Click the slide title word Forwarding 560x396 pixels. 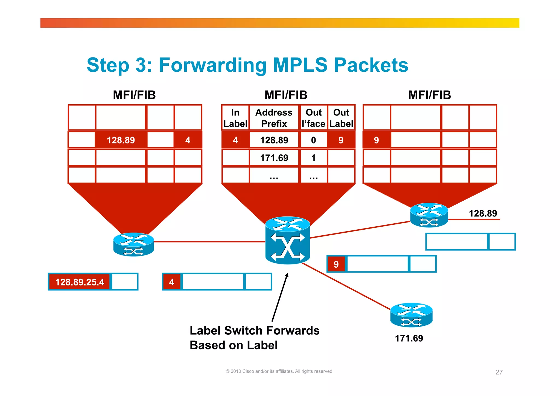[x=212, y=65]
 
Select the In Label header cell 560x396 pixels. [x=235, y=118]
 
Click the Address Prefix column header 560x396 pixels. [x=274, y=118]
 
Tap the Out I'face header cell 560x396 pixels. [x=313, y=118]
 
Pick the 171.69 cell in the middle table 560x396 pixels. [x=274, y=158]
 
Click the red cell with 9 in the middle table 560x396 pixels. [x=341, y=140]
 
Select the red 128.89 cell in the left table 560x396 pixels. [x=121, y=140]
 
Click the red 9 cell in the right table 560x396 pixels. [x=377, y=140]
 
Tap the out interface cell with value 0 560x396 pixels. [x=313, y=140]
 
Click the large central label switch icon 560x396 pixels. [x=287, y=241]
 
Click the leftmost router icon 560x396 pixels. [x=133, y=244]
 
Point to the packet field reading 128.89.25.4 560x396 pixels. [x=80, y=282]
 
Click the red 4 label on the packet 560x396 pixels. [x=172, y=282]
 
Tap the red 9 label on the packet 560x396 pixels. [x=336, y=264]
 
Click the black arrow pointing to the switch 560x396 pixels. [x=279, y=298]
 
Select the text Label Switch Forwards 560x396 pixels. [x=254, y=331]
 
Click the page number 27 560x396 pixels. [x=499, y=372]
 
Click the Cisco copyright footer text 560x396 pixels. [x=279, y=371]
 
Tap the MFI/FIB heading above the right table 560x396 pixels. [x=429, y=95]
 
